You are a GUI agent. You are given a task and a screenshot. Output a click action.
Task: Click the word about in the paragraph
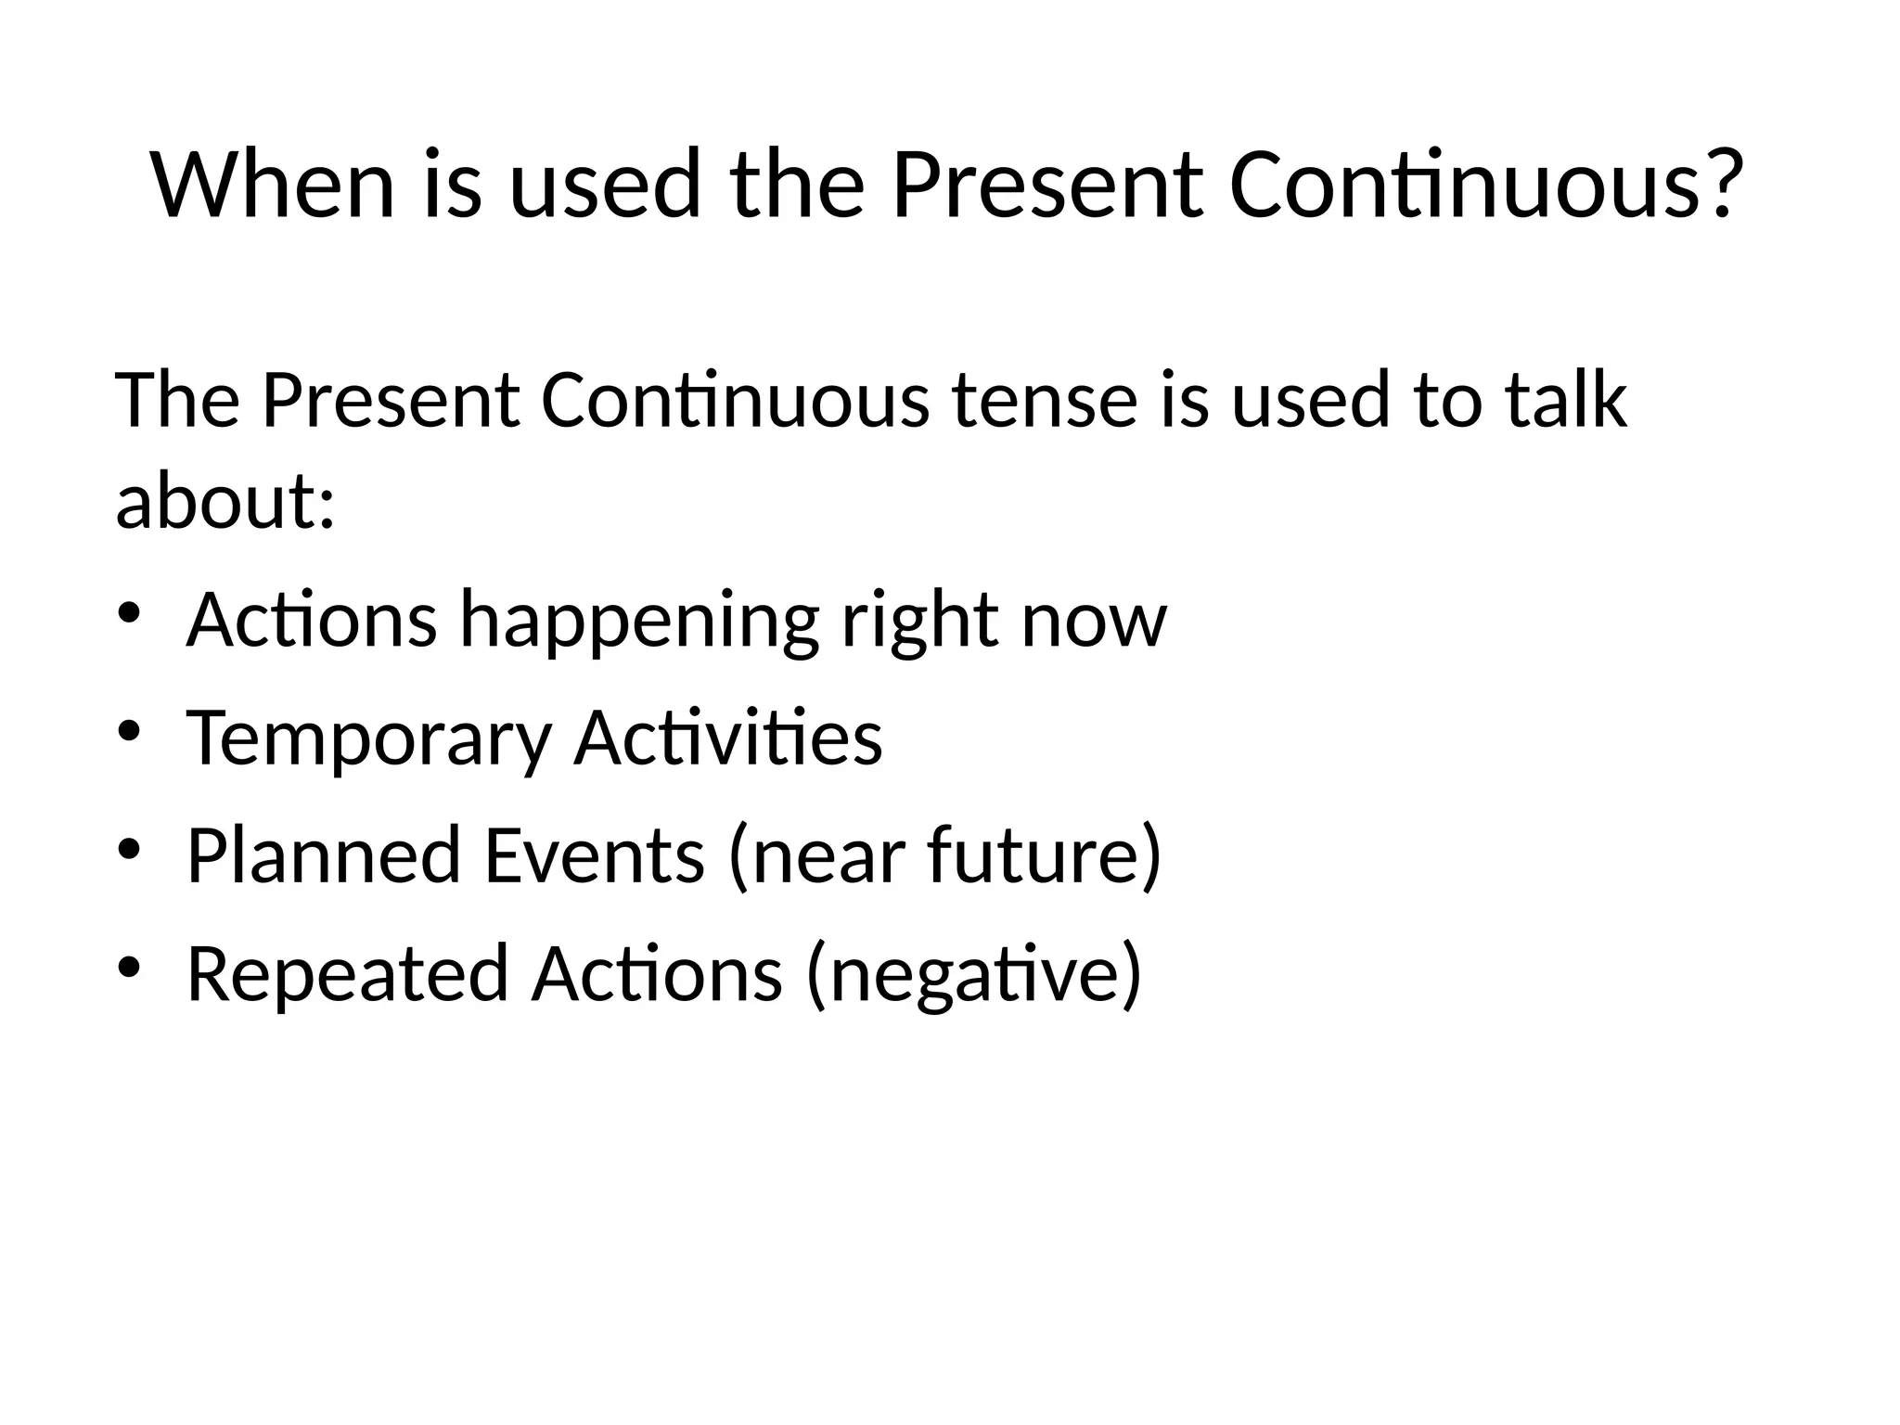coord(214,502)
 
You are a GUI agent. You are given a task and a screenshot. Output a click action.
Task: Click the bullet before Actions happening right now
coord(128,612)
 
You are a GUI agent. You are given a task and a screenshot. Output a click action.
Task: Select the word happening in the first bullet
coord(639,620)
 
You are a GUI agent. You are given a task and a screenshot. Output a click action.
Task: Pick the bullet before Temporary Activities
coord(128,730)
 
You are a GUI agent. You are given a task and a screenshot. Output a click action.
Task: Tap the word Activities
coord(728,737)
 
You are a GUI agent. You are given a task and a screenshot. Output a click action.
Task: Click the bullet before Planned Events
coord(128,848)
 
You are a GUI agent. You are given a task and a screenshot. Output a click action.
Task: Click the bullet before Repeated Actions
coord(128,967)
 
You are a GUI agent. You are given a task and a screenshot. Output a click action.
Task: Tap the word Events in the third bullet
coord(594,854)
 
